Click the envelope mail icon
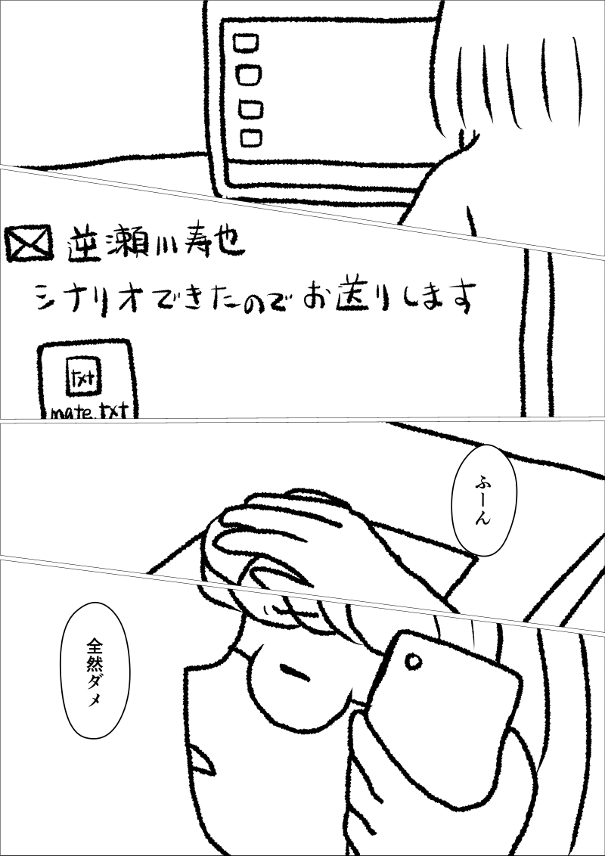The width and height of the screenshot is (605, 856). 30,243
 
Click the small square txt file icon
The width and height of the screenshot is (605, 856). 83,376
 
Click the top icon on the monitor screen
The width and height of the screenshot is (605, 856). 246,43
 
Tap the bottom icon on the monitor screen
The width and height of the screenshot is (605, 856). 251,138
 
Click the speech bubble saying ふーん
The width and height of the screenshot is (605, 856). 484,500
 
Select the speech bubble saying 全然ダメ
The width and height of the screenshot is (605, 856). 95,670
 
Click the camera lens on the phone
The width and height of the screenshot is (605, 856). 414,662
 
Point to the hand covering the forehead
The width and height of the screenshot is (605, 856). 306,551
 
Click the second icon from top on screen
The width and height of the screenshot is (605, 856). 249,75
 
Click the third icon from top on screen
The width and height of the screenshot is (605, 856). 250,109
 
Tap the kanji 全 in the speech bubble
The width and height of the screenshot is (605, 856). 95,647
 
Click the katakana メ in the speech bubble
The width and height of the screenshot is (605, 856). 95,701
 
